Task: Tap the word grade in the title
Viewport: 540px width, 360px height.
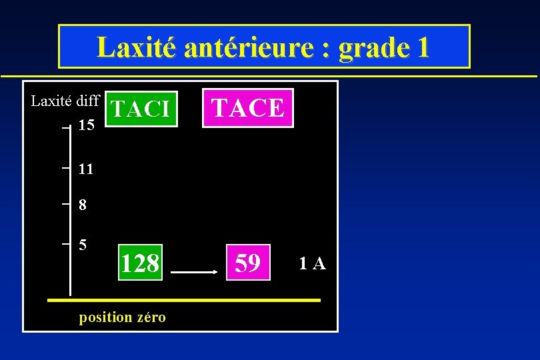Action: point(371,47)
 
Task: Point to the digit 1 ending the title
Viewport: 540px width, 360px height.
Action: point(422,47)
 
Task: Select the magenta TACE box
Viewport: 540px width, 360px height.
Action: point(248,107)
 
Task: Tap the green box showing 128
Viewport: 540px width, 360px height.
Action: point(140,263)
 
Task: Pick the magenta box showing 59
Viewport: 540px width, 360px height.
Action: point(248,263)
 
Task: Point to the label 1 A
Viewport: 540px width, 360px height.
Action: point(312,264)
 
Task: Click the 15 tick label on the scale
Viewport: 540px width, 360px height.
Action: point(86,125)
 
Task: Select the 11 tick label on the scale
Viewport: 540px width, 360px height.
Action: point(85,169)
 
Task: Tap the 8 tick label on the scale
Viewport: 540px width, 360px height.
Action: point(82,205)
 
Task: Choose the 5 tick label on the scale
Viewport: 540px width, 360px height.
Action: point(82,245)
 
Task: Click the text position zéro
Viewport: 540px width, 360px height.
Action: point(123,317)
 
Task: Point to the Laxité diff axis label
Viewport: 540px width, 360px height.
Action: point(65,101)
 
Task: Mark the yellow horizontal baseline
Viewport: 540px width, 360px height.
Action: point(184,301)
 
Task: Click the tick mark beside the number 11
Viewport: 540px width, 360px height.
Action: point(65,169)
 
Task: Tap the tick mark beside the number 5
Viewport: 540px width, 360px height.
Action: point(65,245)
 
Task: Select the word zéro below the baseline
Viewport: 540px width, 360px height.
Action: point(151,317)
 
